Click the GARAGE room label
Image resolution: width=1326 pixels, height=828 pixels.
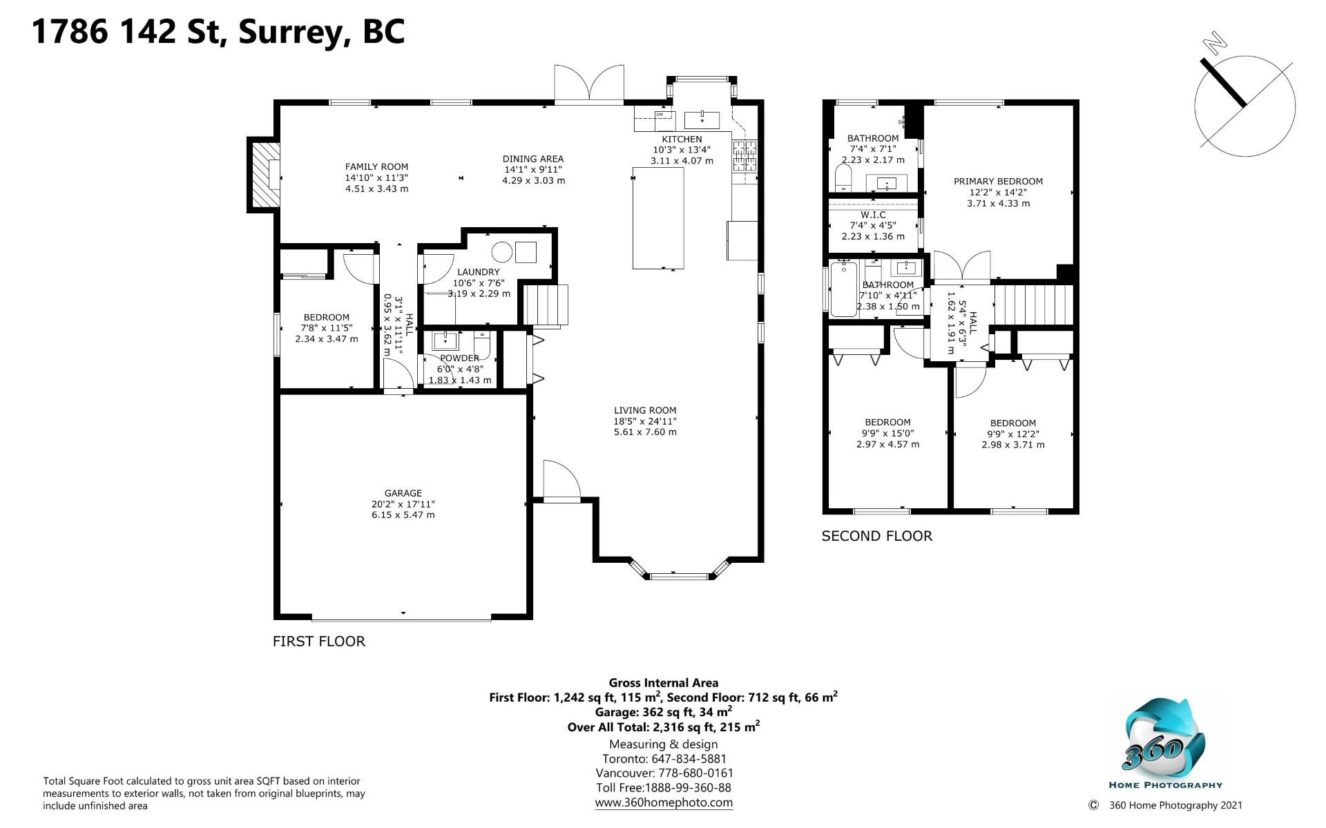click(x=403, y=493)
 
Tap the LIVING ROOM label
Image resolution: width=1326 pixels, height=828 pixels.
click(x=645, y=410)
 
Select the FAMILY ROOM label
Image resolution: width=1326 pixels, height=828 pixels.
click(x=376, y=166)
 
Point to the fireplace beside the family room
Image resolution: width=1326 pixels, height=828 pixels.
click(x=265, y=175)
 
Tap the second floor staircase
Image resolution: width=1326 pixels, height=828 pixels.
click(x=1033, y=305)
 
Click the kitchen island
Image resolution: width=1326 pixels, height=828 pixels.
click(x=659, y=218)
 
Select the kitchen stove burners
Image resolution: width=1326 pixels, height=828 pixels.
click(x=745, y=156)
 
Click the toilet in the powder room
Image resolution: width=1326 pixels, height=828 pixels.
click(x=482, y=345)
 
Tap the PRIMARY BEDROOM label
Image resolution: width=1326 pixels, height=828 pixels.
click(x=998, y=182)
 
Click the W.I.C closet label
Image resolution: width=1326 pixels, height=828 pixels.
click(x=873, y=215)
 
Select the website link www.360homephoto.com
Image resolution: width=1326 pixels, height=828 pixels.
click(x=664, y=802)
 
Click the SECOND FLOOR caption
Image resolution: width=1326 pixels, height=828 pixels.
click(x=876, y=536)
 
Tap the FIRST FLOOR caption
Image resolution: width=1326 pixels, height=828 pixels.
click(x=318, y=642)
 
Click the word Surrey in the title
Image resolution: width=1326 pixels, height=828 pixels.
click(x=292, y=32)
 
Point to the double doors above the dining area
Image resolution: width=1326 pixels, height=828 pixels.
click(x=589, y=85)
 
